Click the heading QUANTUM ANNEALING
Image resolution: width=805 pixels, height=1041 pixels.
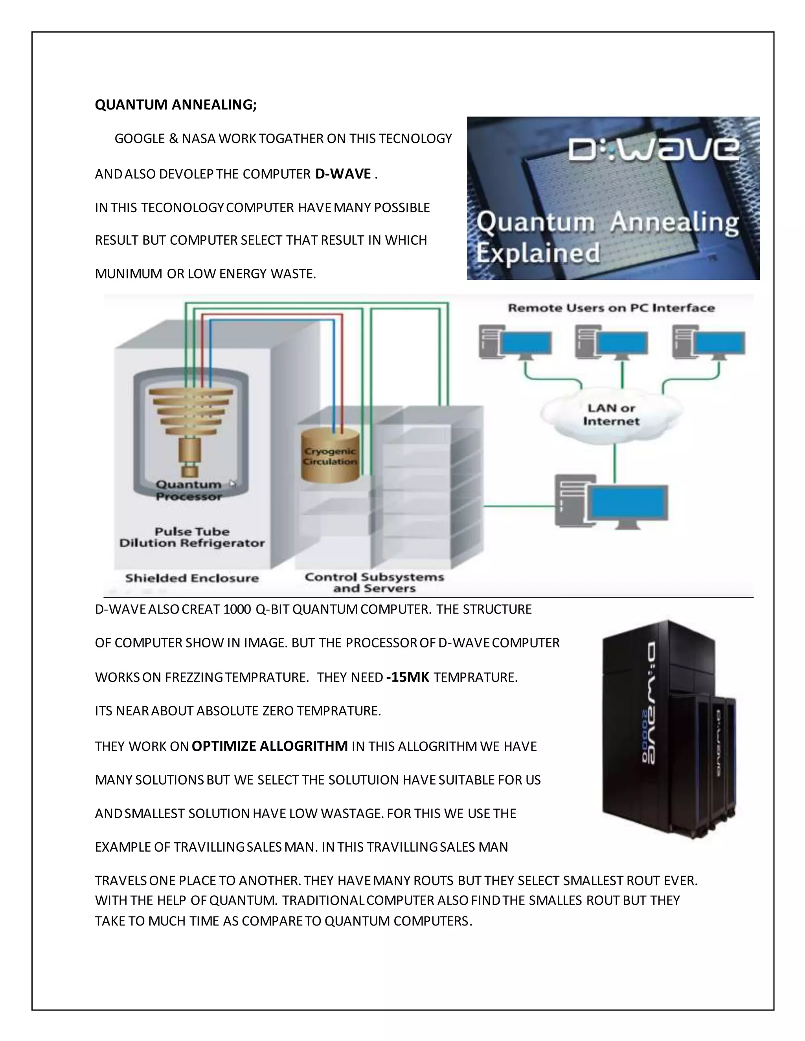click(x=175, y=104)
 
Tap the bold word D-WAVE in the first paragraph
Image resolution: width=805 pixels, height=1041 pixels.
click(x=343, y=174)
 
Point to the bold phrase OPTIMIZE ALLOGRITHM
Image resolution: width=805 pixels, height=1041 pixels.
click(x=269, y=746)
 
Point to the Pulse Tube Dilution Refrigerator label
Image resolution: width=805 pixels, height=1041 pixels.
click(x=192, y=537)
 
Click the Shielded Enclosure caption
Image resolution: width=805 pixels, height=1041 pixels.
click(x=192, y=578)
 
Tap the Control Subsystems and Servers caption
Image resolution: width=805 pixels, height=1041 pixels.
click(x=374, y=583)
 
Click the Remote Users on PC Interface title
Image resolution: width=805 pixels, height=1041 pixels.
click(x=611, y=308)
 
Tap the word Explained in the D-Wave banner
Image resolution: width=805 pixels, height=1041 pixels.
click(x=538, y=253)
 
